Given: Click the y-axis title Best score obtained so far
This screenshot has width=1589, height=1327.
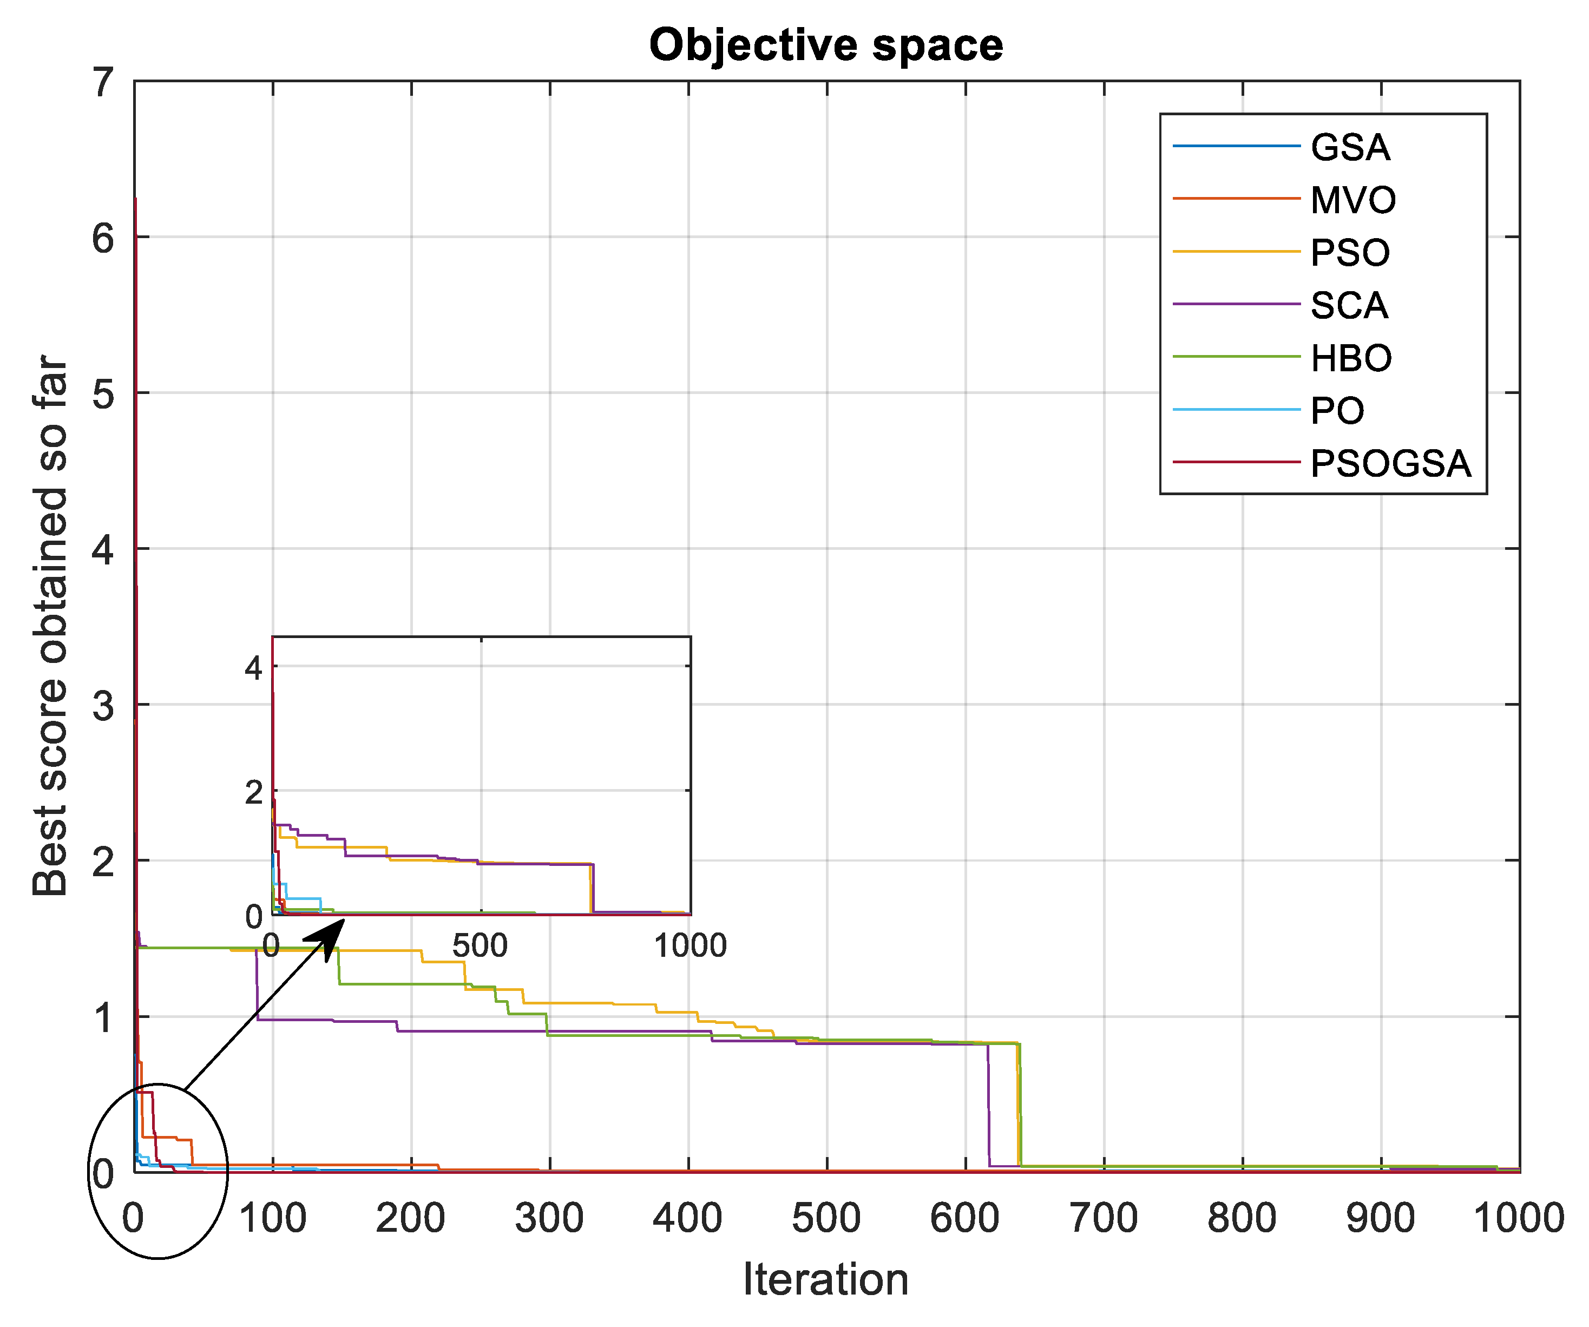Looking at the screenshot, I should (x=51, y=626).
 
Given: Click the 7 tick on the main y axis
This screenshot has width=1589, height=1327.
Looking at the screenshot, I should (x=104, y=82).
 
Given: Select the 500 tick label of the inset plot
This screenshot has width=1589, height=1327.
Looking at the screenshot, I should (x=480, y=945).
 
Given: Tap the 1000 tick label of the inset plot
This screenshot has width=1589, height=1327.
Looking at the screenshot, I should (x=690, y=945).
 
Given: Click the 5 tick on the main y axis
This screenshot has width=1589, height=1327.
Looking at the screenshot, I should (x=104, y=394).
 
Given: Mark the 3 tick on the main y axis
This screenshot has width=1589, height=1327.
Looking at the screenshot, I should (x=104, y=706).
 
